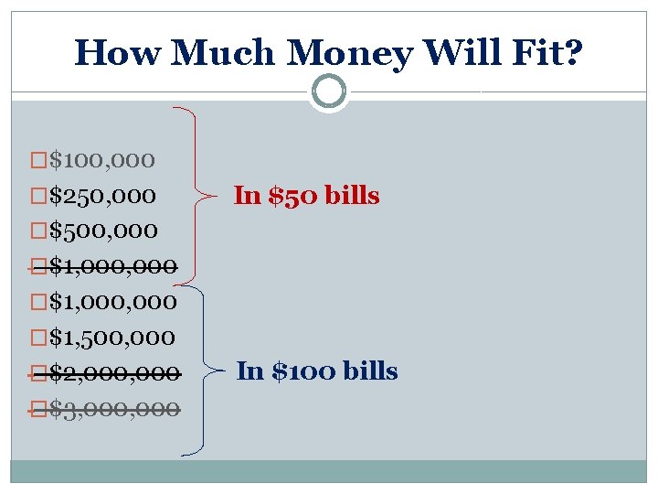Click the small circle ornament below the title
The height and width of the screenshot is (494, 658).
[x=328, y=91]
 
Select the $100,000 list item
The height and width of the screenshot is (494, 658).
[x=101, y=160]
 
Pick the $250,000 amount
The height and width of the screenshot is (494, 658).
[x=101, y=196]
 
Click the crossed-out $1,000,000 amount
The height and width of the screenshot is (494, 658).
[x=112, y=266]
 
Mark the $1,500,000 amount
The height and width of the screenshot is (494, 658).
[x=111, y=338]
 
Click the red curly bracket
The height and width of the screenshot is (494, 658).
[x=208, y=194]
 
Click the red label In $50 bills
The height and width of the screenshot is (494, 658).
[x=306, y=195]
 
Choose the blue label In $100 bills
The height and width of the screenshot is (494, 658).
[x=317, y=371]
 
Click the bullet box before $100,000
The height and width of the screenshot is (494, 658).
[x=37, y=161]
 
